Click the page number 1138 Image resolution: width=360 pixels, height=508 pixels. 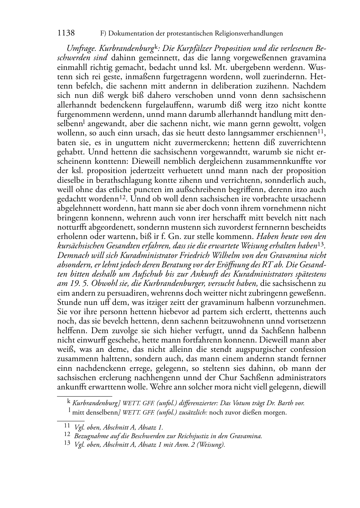(x=66, y=33)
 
